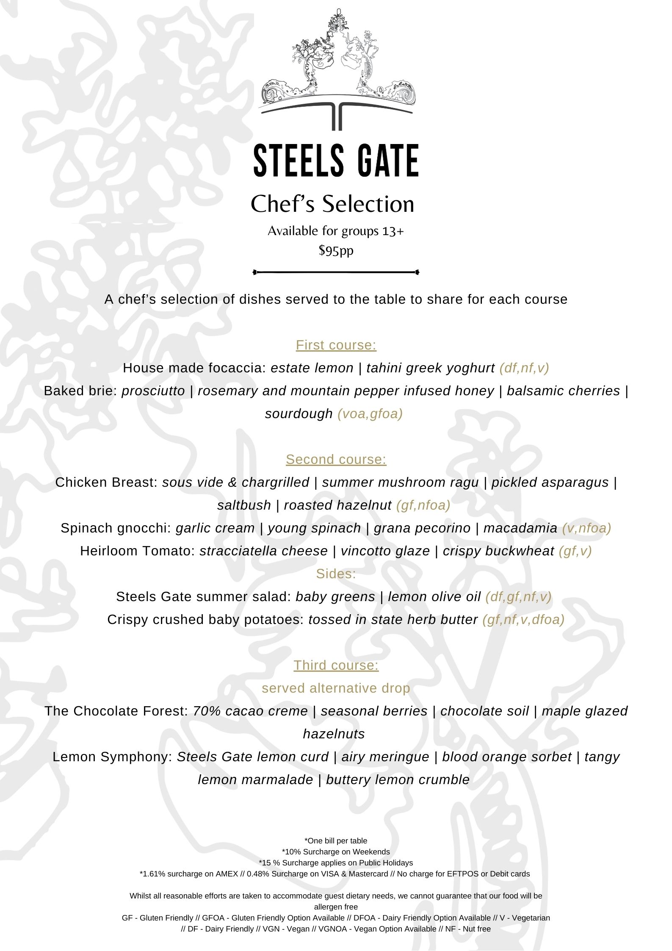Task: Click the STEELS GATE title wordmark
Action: point(336,161)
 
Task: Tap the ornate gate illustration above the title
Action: point(337,70)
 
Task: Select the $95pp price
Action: point(336,250)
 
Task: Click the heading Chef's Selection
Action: point(332,204)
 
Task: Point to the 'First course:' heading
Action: point(336,345)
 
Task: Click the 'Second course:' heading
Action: point(336,460)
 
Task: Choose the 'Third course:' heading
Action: point(336,665)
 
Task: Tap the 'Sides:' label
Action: point(336,574)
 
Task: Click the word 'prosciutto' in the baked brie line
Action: point(153,391)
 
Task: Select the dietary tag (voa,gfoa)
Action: point(370,414)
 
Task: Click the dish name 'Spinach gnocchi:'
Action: point(116,528)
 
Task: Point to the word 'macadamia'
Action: point(520,528)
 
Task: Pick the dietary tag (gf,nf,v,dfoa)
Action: point(523,620)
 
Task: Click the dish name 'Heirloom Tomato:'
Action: point(138,551)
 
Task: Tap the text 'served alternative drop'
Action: point(336,688)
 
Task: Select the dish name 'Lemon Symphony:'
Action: point(112,757)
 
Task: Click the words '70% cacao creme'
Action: point(250,711)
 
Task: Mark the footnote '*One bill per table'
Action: point(336,841)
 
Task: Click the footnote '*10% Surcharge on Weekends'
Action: point(336,852)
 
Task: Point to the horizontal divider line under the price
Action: point(336,272)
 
